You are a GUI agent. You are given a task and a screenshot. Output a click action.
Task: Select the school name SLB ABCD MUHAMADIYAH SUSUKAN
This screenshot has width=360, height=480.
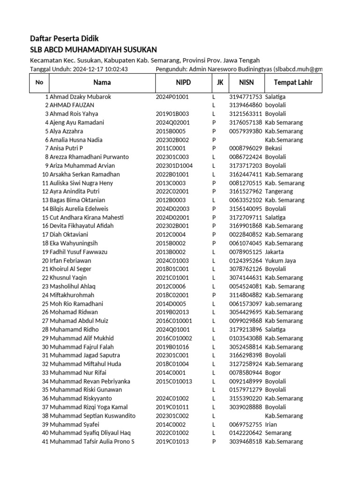pyautogui.click(x=93, y=50)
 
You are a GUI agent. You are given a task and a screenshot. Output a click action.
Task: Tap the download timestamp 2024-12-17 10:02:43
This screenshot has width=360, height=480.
pyautogui.click(x=100, y=69)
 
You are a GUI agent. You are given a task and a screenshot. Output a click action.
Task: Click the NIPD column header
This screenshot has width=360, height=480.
pyautogui.click(x=183, y=83)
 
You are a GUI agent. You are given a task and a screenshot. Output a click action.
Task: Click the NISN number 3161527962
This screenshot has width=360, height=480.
pyautogui.click(x=246, y=191)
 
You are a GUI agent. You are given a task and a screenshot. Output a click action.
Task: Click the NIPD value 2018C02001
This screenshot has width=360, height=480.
pyautogui.click(x=172, y=295)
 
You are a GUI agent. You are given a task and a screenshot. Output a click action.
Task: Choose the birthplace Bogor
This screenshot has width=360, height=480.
pyautogui.click(x=273, y=373)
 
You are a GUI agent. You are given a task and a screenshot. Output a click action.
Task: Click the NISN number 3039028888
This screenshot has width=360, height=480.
pyautogui.click(x=246, y=407)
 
